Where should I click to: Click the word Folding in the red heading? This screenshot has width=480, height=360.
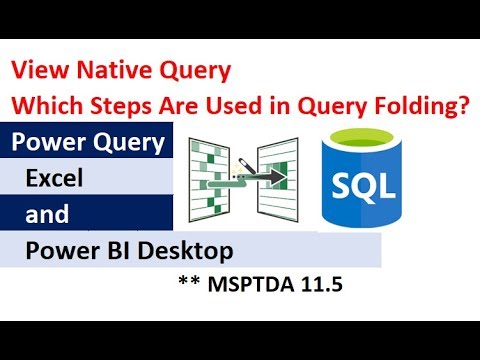click(x=430, y=104)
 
